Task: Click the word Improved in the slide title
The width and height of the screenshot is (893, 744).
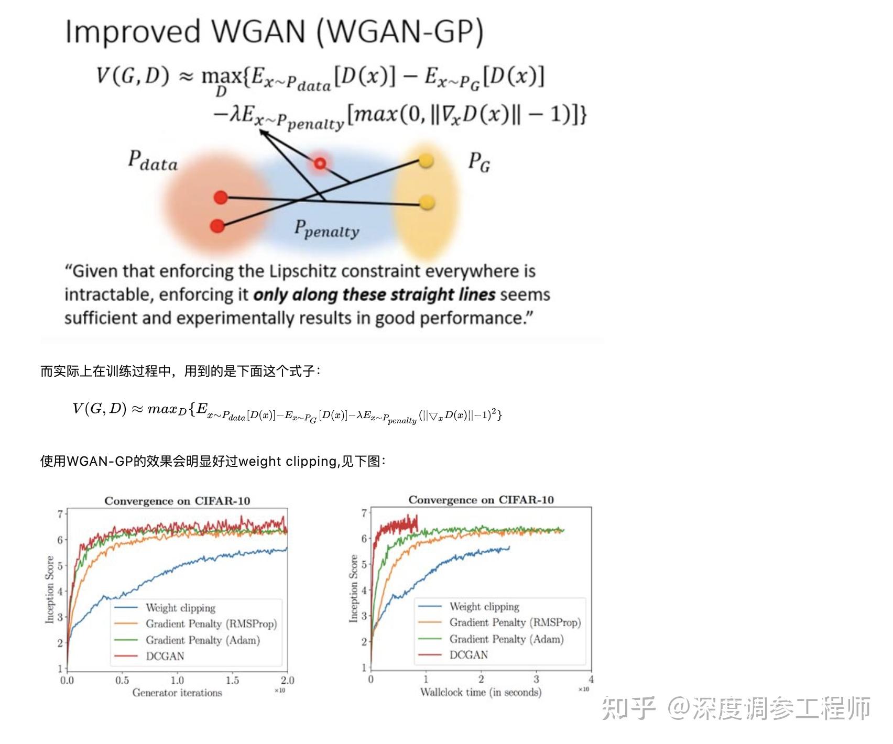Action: coord(133,31)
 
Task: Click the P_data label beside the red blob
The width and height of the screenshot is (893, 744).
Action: coord(153,160)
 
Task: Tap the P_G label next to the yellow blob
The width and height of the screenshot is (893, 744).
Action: coord(479,162)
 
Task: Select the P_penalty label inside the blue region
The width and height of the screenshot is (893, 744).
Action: coord(326,229)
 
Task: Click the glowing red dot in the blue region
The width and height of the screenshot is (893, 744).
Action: coord(320,163)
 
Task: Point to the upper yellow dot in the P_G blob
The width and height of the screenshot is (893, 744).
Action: coord(426,160)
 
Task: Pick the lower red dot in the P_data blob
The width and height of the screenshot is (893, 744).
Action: coord(217,226)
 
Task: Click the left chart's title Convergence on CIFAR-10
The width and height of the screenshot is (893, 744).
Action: coord(177,501)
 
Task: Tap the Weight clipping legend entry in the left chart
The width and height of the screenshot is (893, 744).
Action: coord(180,608)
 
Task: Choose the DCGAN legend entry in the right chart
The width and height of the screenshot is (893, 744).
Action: coord(469,655)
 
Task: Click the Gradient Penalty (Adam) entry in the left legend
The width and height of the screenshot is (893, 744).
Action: coord(202,640)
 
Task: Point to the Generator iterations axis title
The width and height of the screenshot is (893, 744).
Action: coord(177,693)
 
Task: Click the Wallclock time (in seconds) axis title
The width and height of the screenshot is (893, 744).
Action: coord(481,692)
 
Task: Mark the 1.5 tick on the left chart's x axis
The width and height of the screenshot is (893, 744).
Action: coord(232,680)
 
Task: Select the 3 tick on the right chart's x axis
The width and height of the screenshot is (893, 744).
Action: coord(536,679)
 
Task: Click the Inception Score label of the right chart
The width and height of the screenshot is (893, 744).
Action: coord(354,588)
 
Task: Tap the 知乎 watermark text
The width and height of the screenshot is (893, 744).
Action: coord(628,708)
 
